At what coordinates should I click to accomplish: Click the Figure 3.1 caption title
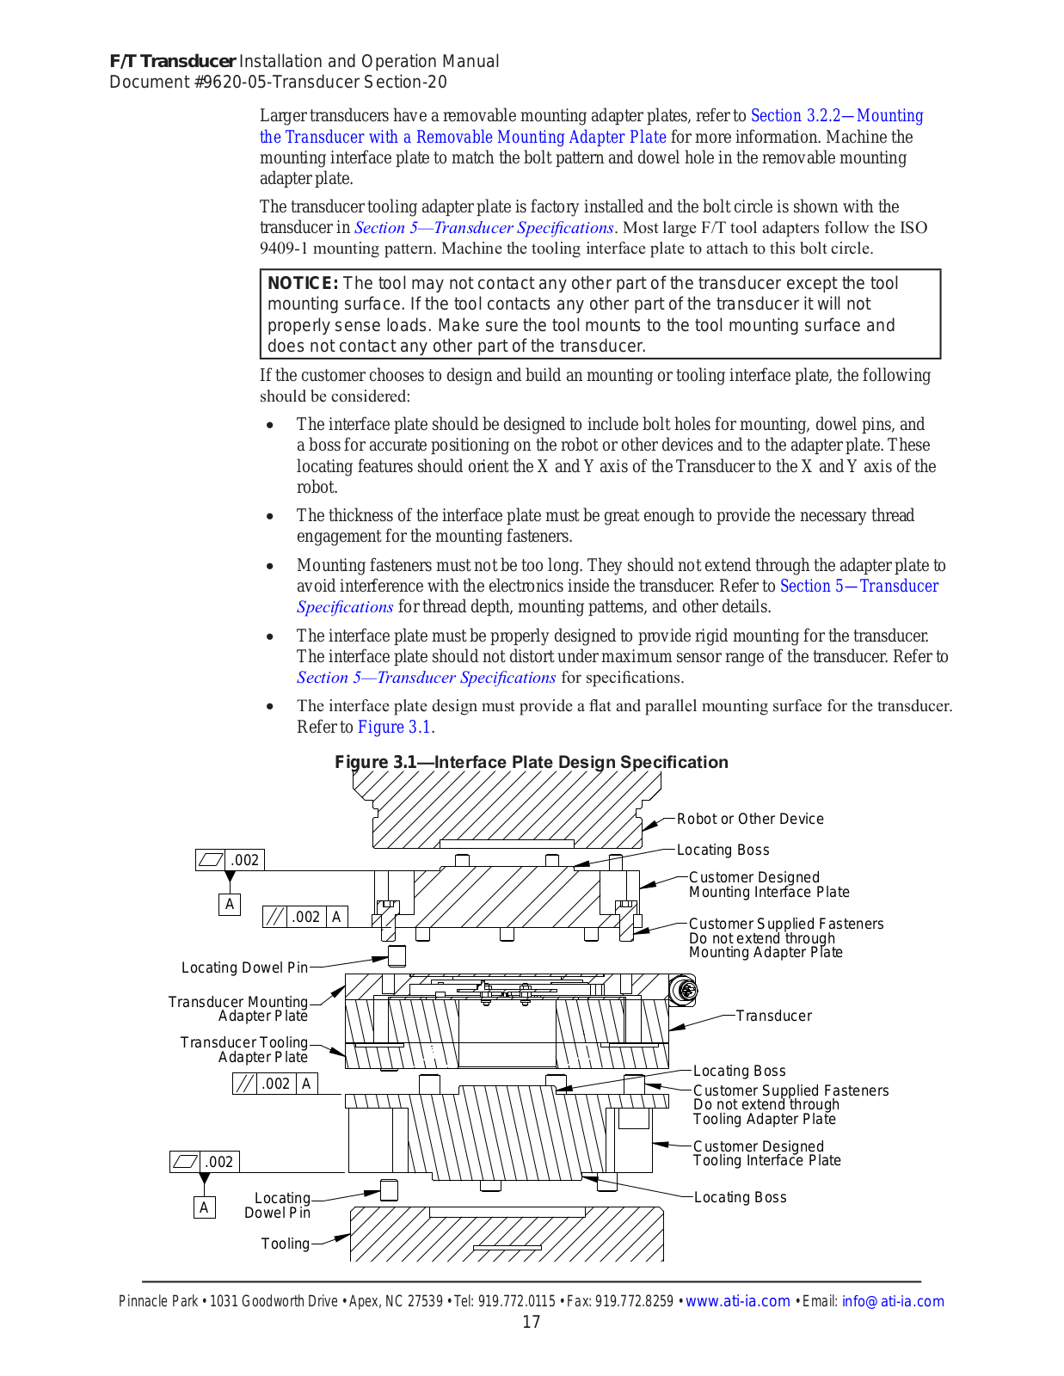point(531,762)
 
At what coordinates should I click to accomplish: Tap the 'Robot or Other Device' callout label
point(749,819)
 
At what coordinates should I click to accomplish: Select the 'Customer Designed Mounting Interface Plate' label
point(768,885)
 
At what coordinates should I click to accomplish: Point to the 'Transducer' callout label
point(773,1016)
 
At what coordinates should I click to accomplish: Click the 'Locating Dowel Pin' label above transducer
point(244,967)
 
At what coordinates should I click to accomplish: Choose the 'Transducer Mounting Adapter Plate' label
point(238,1009)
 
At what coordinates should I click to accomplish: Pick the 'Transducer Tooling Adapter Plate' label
point(244,1049)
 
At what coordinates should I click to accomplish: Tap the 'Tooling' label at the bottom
point(285,1244)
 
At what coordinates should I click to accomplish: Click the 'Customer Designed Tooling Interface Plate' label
point(766,1153)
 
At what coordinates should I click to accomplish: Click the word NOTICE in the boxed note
point(303,284)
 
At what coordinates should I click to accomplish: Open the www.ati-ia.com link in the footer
point(737,1301)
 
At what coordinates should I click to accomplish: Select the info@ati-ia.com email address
point(892,1301)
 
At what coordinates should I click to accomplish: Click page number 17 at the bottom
point(532,1322)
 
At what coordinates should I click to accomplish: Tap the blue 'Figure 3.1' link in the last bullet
point(395,727)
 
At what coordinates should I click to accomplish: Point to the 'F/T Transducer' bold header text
point(172,61)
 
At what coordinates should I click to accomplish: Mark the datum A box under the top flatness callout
point(230,904)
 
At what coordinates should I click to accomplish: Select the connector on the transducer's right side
point(686,991)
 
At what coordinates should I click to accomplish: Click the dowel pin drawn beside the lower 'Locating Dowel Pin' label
point(389,1189)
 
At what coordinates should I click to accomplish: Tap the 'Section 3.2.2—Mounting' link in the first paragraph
point(837,115)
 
